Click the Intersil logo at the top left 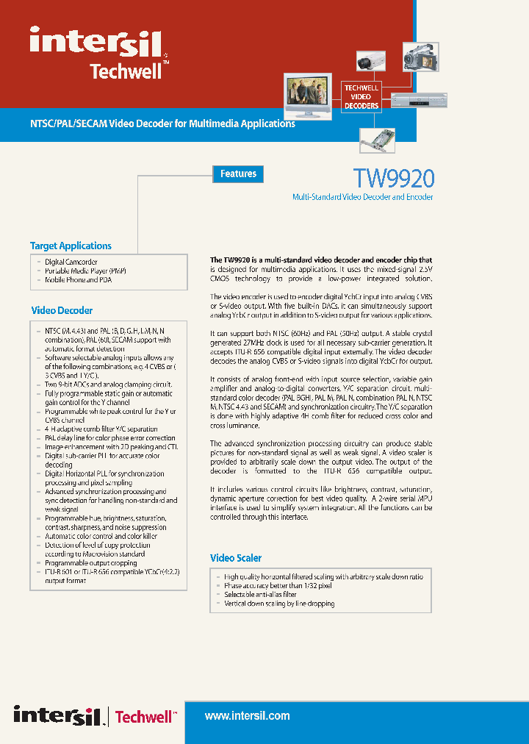[96, 41]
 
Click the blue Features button [238, 174]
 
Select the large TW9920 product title [393, 178]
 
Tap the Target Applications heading [71, 246]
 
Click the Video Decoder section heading [62, 310]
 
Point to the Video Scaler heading [236, 558]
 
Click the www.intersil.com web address [247, 715]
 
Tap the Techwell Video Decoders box [361, 97]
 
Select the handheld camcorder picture [421, 57]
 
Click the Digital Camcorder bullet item [71, 262]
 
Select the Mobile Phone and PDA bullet [79, 279]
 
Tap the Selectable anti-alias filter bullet [260, 595]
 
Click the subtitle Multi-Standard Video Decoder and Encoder [362, 197]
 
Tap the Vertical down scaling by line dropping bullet [279, 604]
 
